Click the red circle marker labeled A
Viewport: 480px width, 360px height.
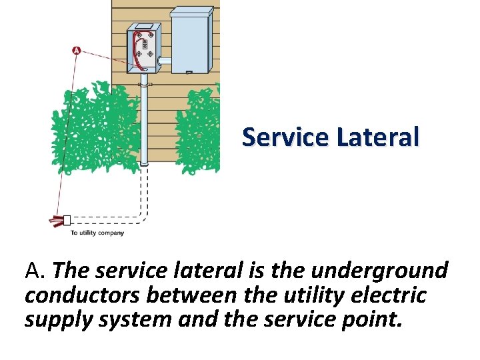(76, 51)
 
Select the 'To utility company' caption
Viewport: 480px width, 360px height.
(97, 233)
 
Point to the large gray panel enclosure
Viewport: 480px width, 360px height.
(193, 40)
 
